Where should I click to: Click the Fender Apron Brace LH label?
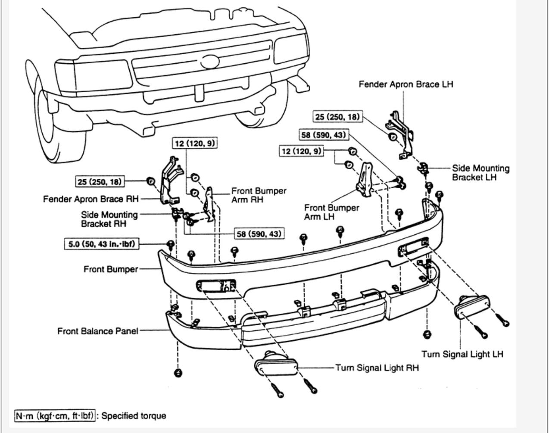406,84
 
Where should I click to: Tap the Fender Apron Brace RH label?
91,199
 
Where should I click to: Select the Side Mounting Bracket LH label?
480,173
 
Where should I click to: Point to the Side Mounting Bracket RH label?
109,219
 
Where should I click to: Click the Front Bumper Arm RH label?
259,195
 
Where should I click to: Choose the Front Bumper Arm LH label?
331,212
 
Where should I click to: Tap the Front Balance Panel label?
98,331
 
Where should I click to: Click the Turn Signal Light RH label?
377,368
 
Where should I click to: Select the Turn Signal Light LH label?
462,354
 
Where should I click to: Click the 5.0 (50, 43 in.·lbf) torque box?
102,244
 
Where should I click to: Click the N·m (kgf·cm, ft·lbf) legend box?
55,416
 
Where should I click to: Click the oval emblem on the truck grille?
210,62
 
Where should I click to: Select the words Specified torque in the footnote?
134,416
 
